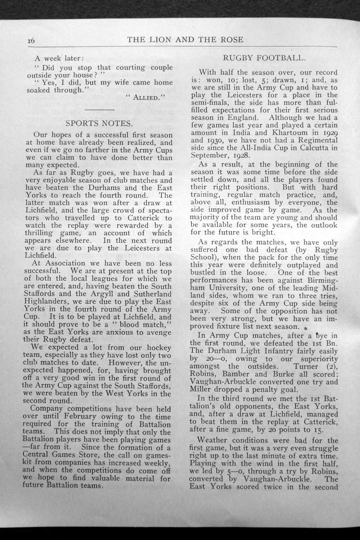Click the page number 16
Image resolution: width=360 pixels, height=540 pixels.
coord(31,41)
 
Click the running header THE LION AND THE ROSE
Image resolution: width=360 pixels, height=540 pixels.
coord(185,40)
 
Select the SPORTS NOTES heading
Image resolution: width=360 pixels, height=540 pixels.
coord(99,123)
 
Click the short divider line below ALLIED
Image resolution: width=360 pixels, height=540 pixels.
coord(99,110)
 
